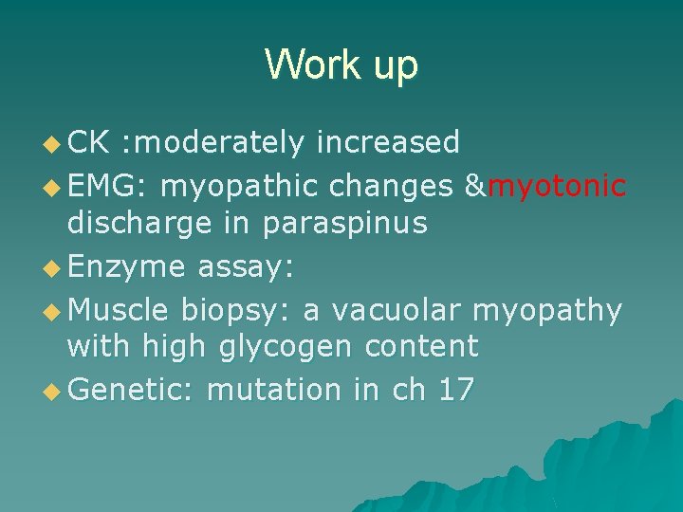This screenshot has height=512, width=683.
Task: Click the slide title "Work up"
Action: tap(341, 64)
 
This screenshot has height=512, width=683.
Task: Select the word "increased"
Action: tap(388, 142)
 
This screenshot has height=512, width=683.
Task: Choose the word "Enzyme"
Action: tap(127, 267)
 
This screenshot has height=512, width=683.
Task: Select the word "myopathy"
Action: tap(547, 310)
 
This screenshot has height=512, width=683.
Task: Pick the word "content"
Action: tap(421, 347)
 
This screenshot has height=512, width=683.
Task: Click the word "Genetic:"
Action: tap(133, 390)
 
